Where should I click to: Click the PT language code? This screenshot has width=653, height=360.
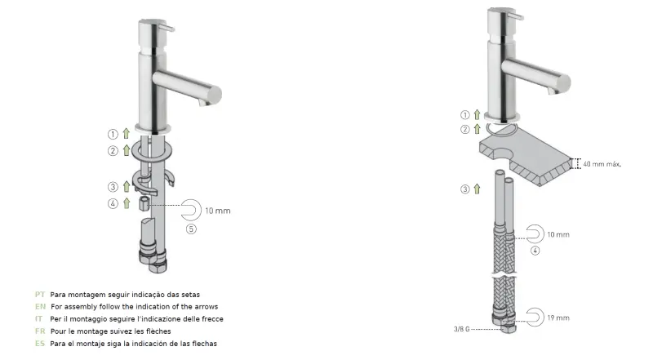click(39, 294)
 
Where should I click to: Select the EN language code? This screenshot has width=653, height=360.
click(39, 306)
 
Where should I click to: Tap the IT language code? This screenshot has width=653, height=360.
click(38, 318)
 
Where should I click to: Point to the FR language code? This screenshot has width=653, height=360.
click(39, 331)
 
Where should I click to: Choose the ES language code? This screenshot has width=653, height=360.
click(39, 344)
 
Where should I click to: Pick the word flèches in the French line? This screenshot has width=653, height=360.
click(136, 331)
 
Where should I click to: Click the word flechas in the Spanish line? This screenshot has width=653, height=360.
click(201, 344)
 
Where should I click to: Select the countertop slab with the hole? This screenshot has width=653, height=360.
click(523, 159)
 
